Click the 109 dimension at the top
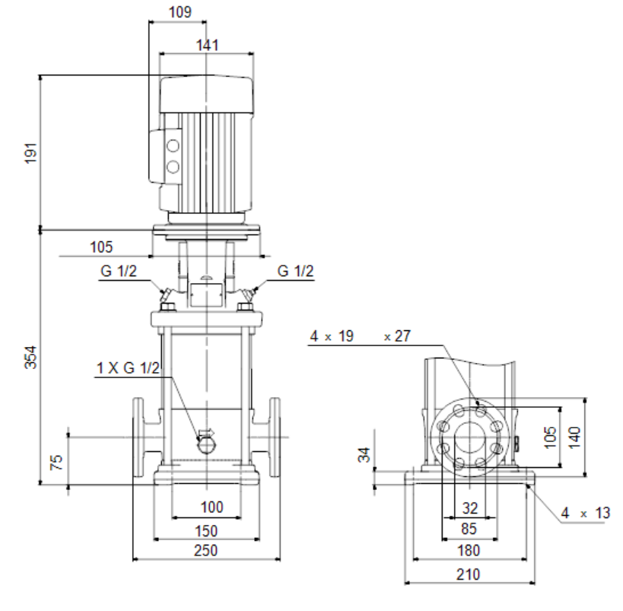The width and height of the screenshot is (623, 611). (x=180, y=12)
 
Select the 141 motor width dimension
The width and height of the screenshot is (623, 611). (x=208, y=46)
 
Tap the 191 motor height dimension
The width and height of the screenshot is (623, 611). (x=31, y=153)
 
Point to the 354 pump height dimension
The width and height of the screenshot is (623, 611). (x=31, y=358)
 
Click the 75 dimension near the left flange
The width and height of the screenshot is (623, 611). (x=57, y=463)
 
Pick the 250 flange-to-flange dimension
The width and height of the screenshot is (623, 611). (x=206, y=551)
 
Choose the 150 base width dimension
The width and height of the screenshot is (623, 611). (x=206, y=530)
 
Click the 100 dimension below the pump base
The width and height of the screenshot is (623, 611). (x=211, y=507)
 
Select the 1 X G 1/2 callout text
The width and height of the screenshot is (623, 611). (x=128, y=368)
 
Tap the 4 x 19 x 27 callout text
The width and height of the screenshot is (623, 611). (x=360, y=336)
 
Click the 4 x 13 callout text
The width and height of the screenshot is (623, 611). (x=585, y=513)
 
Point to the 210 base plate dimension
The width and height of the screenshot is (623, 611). (x=468, y=574)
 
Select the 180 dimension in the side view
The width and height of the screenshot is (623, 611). (x=469, y=551)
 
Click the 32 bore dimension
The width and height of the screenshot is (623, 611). (x=470, y=508)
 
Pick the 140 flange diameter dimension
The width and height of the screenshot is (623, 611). (x=574, y=438)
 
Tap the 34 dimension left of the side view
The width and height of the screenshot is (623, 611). (x=364, y=455)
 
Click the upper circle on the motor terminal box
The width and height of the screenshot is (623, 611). (x=173, y=146)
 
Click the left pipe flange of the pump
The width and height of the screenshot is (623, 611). (x=138, y=437)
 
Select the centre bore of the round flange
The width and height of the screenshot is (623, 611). (x=470, y=437)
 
